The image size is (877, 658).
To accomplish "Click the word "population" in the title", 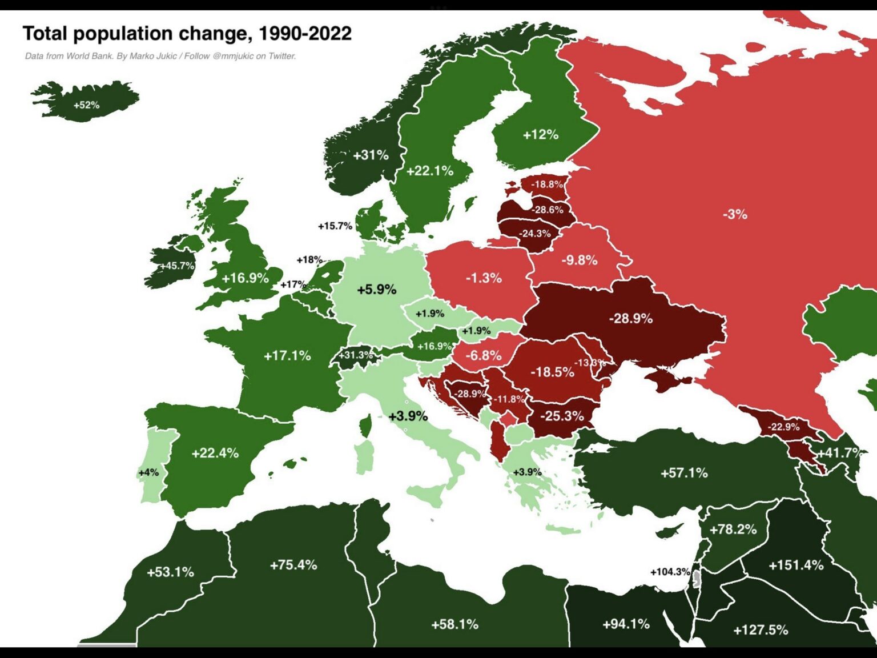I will coord(122,34).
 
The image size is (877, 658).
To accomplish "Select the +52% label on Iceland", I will coord(86,105).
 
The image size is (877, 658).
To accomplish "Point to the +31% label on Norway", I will coord(371,155).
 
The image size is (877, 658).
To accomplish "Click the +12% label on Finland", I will coord(540,135).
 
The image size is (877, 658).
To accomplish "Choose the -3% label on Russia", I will coord(734,214).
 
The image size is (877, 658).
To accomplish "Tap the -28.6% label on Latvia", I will coord(548,210).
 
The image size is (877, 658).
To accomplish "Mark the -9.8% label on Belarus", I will coord(579,260).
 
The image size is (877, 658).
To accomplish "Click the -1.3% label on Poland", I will coord(484,278).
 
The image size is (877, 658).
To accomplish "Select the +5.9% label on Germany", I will coord(376,290).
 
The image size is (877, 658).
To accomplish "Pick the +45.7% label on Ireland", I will coord(176,266).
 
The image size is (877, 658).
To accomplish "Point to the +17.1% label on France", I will coord(287,356).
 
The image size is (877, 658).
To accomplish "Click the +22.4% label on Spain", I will coord(215,453).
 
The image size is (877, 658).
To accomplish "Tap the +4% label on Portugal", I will coord(148,472).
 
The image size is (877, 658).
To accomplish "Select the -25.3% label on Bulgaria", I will coord(562,416).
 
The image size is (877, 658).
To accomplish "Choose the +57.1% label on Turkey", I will coord(683,473).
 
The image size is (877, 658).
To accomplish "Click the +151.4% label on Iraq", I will coord(796,565).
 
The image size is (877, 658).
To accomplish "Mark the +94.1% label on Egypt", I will coord(626,624).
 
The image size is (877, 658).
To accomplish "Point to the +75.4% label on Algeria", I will coord(293,565).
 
